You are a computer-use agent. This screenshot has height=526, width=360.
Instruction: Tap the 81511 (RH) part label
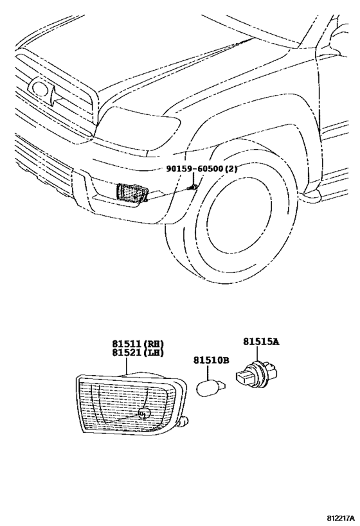pos(136,344)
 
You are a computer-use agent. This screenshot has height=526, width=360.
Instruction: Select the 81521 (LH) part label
pos(136,353)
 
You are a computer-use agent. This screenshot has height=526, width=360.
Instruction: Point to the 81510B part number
pos(211,361)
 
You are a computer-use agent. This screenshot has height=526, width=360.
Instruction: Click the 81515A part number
pos(260,342)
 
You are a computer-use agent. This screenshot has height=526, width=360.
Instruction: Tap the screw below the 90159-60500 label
pos(192,188)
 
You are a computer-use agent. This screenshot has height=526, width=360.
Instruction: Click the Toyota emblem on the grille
pos(40,91)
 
